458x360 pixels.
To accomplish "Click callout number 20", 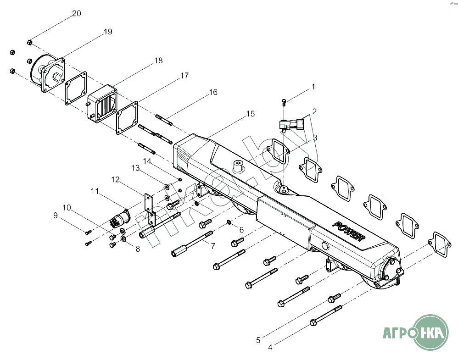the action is pos(77,13).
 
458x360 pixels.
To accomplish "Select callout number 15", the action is pos(250,113).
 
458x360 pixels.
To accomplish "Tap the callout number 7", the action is pos(212,246).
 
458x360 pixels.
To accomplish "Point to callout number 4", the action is pos(270,347).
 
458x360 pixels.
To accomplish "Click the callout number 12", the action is pos(115,179).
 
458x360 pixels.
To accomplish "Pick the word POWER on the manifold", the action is pos(349,231).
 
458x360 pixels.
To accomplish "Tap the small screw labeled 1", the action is pos(284,102).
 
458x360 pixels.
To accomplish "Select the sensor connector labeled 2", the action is pos(292,124).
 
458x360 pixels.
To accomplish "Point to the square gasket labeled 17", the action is pos(127,117).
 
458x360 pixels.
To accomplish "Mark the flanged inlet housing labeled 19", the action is pos(48,73).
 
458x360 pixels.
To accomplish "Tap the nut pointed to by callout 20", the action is pos(29,43).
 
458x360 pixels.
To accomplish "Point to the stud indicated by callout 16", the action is pos(164,120).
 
